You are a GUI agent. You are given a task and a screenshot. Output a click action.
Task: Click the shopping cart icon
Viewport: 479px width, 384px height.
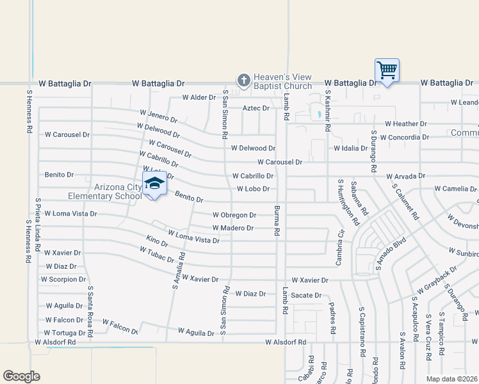pyautogui.click(x=387, y=70)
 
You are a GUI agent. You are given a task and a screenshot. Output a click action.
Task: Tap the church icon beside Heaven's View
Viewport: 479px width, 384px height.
pyautogui.click(x=243, y=81)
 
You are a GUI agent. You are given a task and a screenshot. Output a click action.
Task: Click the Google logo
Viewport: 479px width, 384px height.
pyautogui.click(x=21, y=376)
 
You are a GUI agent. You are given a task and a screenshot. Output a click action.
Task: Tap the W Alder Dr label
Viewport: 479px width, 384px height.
pyautogui.click(x=198, y=98)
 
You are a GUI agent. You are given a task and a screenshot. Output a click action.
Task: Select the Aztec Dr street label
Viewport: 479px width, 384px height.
pyautogui.click(x=256, y=108)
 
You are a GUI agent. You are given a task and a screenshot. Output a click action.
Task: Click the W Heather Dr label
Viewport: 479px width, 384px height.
pyautogui.click(x=405, y=124)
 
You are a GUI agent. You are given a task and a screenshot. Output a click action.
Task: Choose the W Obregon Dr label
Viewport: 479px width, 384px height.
pyautogui.click(x=234, y=215)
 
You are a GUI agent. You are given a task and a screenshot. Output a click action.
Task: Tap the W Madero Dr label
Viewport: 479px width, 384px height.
pyautogui.click(x=233, y=228)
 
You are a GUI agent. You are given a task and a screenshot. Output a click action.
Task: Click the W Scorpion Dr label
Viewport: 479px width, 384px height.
pyautogui.click(x=63, y=280)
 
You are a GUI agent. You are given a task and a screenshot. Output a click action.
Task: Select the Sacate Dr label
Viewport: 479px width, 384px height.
pyautogui.click(x=306, y=295)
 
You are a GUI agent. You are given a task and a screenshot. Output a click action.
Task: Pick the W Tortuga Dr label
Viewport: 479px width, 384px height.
pyautogui.click(x=65, y=333)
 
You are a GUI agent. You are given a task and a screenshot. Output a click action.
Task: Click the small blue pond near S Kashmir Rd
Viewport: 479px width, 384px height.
pyautogui.click(x=318, y=115)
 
